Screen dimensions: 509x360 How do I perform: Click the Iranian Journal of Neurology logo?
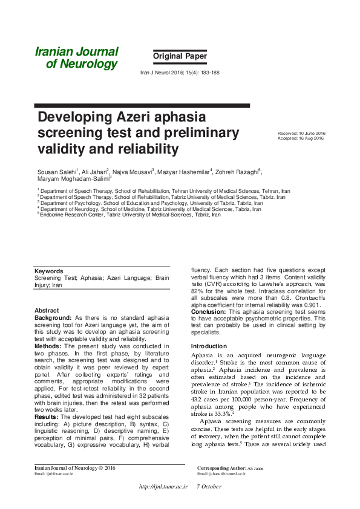click(76, 58)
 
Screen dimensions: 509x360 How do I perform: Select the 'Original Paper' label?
click(180, 56)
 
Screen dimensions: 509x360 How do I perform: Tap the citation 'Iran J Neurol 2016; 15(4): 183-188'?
click(180, 72)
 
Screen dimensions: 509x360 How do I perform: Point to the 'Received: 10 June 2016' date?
click(301, 133)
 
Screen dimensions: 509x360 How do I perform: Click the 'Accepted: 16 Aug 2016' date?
click(300, 138)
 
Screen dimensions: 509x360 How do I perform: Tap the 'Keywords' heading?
click(48, 271)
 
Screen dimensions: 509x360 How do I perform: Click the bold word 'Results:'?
click(47, 417)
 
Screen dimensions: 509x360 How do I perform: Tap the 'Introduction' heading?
click(209, 346)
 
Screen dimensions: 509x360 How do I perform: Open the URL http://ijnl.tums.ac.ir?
click(163, 487)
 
